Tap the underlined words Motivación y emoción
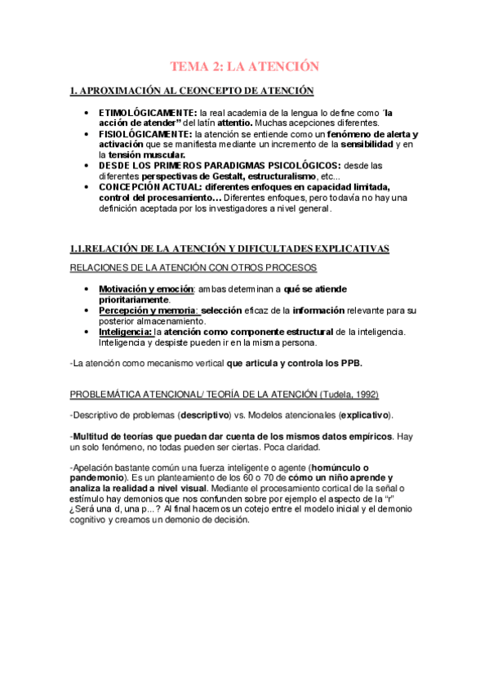[x=146, y=288]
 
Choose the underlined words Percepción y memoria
[x=149, y=310]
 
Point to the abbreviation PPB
[x=349, y=363]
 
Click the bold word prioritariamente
[x=134, y=299]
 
